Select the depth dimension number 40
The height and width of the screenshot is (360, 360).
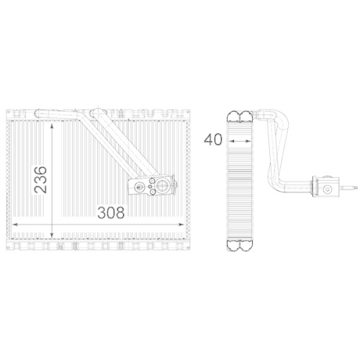[x=212, y=139]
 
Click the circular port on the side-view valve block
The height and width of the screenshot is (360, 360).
[x=327, y=189]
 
